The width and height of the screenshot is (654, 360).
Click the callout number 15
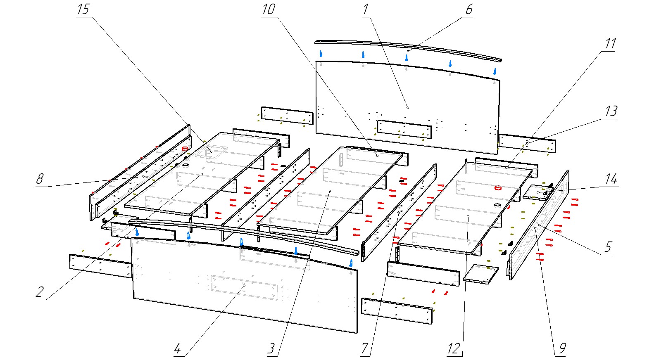pos(83,9)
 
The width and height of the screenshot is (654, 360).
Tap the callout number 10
pos(269,9)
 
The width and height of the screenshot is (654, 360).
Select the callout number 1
pos(365,9)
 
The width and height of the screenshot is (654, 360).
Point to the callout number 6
pos(469,9)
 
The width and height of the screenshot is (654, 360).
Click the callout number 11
pos(610,44)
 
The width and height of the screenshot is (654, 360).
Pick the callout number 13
pos(611,111)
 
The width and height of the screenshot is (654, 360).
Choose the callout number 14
pos(611,179)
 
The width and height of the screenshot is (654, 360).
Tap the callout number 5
pos(608,247)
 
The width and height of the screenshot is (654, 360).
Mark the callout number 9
pos(562,348)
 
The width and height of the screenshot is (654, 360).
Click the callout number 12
pos(453,348)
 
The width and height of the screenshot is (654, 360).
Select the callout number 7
pos(364,348)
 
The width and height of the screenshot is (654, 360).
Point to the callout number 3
pos(271,348)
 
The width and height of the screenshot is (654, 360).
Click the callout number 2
pos(40,292)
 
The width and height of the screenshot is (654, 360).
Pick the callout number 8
pos(40,179)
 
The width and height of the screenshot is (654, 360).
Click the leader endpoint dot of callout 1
pos(408,108)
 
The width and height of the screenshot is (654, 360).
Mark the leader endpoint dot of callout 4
pos(244,285)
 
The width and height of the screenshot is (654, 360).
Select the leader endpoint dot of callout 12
pos(468,216)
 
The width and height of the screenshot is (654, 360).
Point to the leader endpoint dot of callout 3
pos(330,191)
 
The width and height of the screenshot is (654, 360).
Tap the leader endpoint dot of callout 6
pos(408,51)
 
